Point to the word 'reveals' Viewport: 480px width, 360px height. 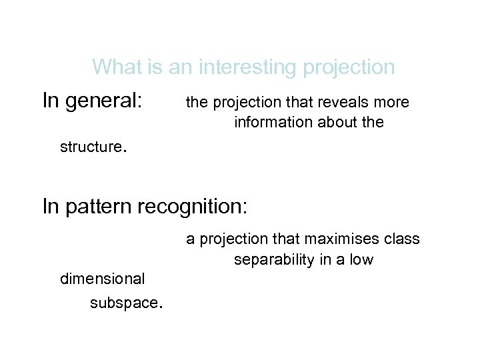tap(340, 102)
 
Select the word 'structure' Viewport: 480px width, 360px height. tap(89, 147)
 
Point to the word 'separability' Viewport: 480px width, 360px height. tap(273, 260)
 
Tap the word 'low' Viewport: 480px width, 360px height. tap(361, 260)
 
